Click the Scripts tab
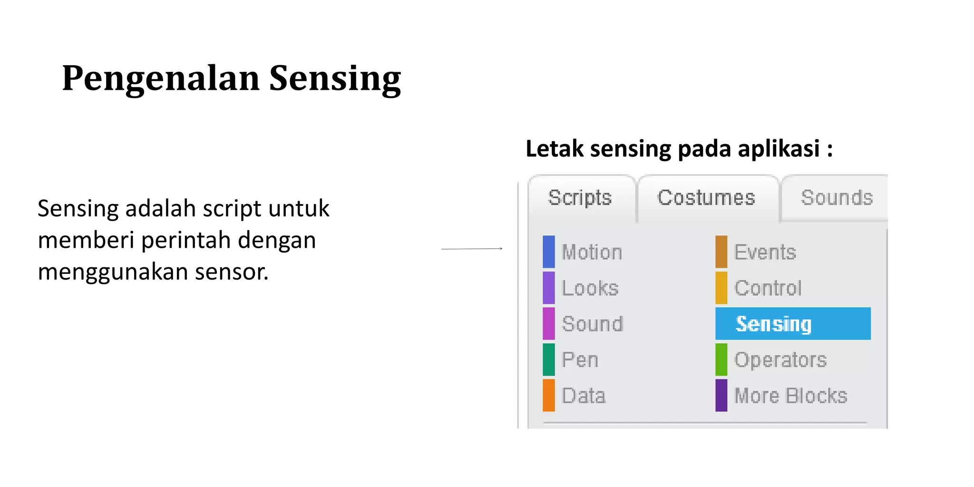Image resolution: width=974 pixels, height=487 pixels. coord(580,198)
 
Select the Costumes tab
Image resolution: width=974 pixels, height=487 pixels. coord(706,198)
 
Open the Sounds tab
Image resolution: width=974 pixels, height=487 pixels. coord(837,198)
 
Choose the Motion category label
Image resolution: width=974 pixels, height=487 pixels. coord(592,252)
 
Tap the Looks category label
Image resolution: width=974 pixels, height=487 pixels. coord(590,288)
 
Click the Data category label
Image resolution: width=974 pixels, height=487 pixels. coord(584,396)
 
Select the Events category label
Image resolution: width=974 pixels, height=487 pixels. coord(765,252)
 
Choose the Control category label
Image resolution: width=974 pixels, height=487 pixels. coord(768,288)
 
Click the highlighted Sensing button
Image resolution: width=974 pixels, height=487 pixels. coord(793,324)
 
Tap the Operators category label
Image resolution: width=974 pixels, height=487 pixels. coord(780,360)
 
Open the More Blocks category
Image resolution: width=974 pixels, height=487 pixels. coord(791,396)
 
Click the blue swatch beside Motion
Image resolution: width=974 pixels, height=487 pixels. coord(549,252)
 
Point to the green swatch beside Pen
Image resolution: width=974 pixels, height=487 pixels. coord(549,360)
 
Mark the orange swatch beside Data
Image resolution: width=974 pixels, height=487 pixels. coord(549,396)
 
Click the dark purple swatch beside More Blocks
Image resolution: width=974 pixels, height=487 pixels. coord(721,396)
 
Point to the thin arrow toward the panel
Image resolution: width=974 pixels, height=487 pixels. coord(472,249)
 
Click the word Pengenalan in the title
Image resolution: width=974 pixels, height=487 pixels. coord(161,78)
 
